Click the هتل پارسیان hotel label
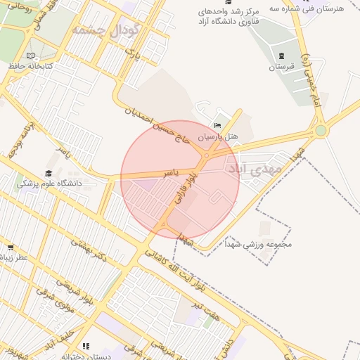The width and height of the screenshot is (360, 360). coord(218,136)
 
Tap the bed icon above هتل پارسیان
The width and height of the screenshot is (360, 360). coord(217,125)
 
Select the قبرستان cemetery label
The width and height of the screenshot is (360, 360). coord(281,67)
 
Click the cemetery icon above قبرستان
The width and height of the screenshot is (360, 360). coord(281,56)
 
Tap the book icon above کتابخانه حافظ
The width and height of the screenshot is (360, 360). coord(30,56)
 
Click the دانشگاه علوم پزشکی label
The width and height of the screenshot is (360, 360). coord(49,184)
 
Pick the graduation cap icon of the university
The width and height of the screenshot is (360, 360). coord(49,173)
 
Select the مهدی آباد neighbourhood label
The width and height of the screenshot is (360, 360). coord(255,169)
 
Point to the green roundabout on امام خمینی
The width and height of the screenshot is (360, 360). coord(321,130)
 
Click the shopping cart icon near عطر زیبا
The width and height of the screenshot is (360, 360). coord(11,247)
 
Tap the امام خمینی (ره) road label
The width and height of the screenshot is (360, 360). coord(308,77)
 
